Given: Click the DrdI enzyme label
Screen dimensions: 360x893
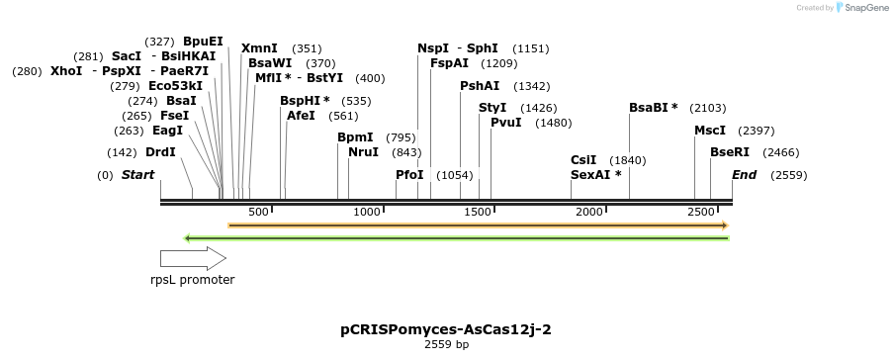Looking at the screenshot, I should pos(160,152).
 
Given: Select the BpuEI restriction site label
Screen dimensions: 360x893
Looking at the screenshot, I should pos(204,42).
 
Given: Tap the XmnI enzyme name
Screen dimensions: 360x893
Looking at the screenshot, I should pos(259,47).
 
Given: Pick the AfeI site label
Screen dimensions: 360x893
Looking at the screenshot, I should pos(301,116).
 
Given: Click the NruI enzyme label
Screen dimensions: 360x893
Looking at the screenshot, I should pos(363,152).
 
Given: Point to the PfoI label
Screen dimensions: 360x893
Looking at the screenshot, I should pos(409,175).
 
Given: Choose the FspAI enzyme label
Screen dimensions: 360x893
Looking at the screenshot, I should pos(449,63).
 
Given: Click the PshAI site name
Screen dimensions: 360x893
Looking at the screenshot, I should pos(480,86).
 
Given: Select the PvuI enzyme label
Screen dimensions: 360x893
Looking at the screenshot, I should pos(505,123).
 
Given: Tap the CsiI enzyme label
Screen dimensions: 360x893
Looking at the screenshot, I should pos(583,160).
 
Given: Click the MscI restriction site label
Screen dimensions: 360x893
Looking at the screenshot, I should pos(710,131).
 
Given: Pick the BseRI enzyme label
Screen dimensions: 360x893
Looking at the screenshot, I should pos(730,152).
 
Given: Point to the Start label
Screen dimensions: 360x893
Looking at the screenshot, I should pos(138,175).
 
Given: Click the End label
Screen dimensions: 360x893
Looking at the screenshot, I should pos(744,175).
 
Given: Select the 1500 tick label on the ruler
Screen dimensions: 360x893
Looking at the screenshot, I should pos(479,212).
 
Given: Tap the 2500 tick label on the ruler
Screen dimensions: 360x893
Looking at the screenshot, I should pos(701,212).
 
